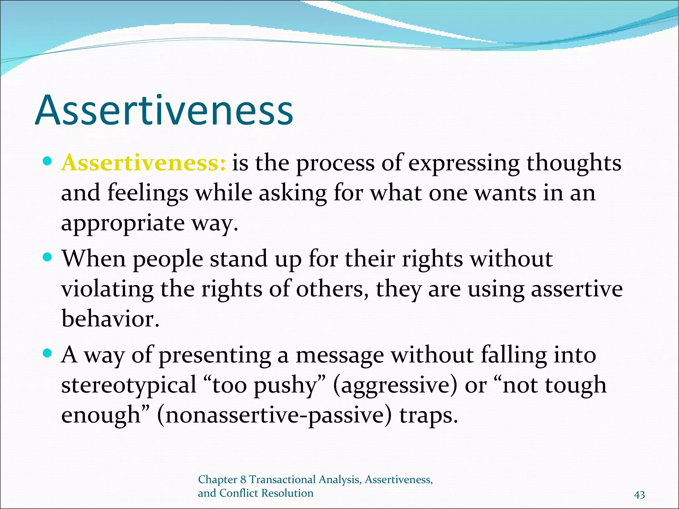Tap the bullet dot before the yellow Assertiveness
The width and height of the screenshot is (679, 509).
pyautogui.click(x=48, y=161)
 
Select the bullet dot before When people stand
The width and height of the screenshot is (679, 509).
pyautogui.click(x=48, y=257)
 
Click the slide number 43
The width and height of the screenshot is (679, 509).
pyautogui.click(x=639, y=495)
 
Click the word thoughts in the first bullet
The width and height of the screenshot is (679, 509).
pyautogui.click(x=574, y=163)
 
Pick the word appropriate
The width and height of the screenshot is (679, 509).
pyautogui.click(x=123, y=224)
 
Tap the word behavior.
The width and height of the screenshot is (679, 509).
pyautogui.click(x=110, y=319)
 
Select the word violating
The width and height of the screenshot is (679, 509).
pyautogui.click(x=107, y=289)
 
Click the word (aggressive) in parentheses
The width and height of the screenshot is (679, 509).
pyautogui.click(x=395, y=385)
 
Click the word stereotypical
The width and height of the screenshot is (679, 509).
pyautogui.click(x=129, y=385)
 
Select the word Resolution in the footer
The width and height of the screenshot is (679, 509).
pyautogui.click(x=287, y=493)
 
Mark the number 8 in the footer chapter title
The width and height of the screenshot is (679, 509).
pyautogui.click(x=243, y=480)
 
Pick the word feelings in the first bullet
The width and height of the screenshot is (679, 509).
pyautogui.click(x=148, y=194)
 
